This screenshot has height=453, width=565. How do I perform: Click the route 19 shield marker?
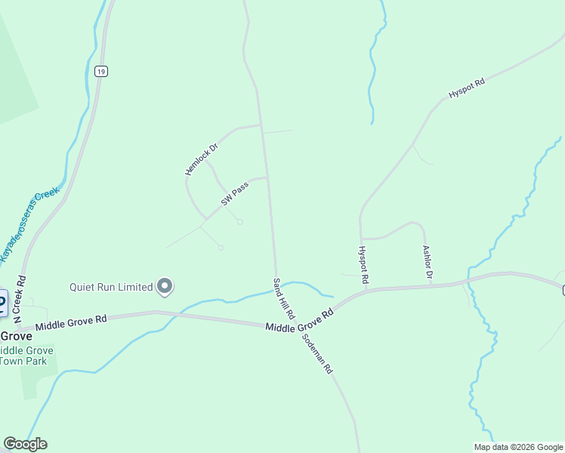tap(101, 71)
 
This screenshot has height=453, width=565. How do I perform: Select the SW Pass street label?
tap(235, 193)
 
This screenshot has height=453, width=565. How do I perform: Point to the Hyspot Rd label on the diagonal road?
tap(466, 87)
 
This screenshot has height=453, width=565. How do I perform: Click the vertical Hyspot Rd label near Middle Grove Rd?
tap(363, 265)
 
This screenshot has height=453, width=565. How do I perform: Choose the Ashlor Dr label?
tap(428, 262)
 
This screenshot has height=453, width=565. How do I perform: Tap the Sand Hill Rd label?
tap(283, 297)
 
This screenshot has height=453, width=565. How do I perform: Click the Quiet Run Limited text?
tap(111, 287)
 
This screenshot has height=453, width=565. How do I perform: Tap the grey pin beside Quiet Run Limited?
tap(165, 286)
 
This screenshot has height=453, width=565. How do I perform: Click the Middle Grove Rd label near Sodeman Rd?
tap(300, 322)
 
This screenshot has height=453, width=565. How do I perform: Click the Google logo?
tap(25, 444)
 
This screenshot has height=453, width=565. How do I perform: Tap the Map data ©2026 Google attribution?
tap(518, 447)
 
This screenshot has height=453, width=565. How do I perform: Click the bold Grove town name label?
tap(16, 336)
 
